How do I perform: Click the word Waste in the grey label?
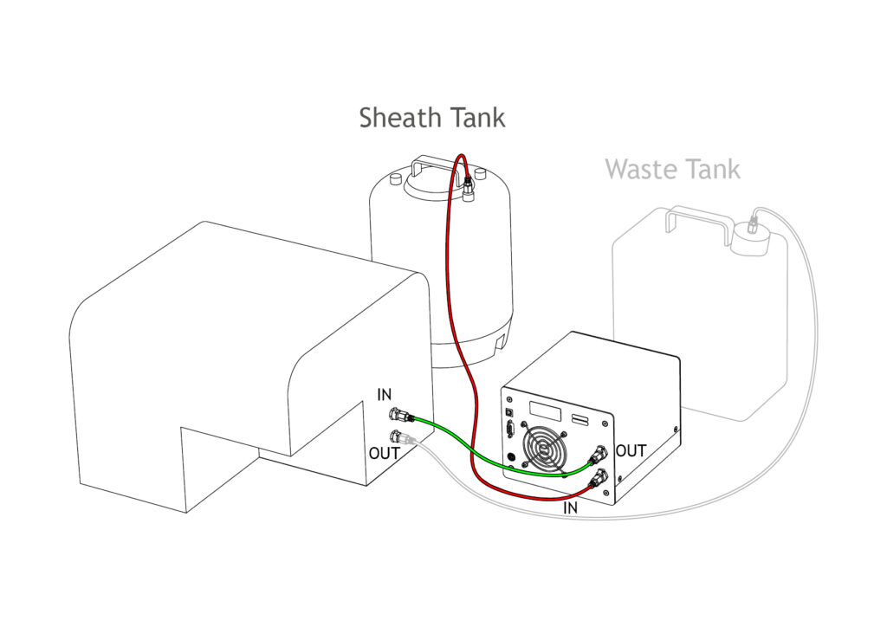[639, 168]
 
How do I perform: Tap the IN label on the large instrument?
[385, 395]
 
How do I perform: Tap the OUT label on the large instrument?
[384, 453]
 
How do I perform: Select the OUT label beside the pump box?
[631, 451]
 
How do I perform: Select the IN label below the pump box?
[570, 508]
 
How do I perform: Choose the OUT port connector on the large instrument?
[401, 436]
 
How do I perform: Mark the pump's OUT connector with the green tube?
[597, 456]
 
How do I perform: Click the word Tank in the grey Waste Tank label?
[709, 168]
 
